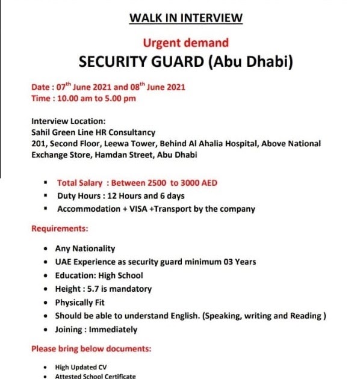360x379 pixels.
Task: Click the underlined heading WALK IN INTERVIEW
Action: pyautogui.click(x=186, y=18)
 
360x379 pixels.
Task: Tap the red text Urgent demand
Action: pyautogui.click(x=186, y=43)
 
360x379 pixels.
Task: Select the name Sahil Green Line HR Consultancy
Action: pyautogui.click(x=93, y=132)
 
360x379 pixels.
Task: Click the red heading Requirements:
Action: pyautogui.click(x=60, y=229)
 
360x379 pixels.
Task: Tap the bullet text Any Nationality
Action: pyautogui.click(x=85, y=248)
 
